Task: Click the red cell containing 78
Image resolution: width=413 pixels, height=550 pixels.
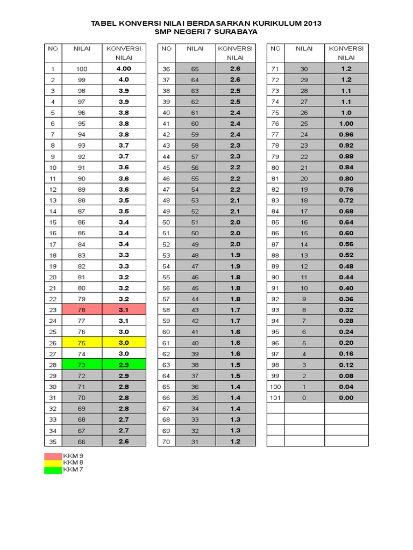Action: pos(82,310)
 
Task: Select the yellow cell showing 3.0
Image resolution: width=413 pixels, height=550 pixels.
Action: pos(124,343)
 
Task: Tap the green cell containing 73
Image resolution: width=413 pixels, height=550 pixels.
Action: pos(82,365)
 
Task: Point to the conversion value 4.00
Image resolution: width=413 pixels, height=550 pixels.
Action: pos(124,69)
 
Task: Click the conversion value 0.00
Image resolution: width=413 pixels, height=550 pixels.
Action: pos(346,397)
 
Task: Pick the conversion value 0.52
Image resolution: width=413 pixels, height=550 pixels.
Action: pos(346,255)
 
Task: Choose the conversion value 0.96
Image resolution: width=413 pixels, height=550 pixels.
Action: pos(346,134)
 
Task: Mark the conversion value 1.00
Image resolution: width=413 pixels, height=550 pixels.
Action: pos(346,124)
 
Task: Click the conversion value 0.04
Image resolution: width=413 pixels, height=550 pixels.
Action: pos(346,387)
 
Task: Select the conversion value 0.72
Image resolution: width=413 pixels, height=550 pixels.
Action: pos(346,200)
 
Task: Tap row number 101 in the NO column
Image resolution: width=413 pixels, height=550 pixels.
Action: pos(275,397)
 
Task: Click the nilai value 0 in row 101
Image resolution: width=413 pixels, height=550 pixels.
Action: pos(304,397)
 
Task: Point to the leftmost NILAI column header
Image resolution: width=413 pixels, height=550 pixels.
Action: pos(82,48)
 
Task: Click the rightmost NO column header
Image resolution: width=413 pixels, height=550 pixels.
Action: pos(275,48)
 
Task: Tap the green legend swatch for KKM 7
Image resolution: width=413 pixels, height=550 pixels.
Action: pos(53,470)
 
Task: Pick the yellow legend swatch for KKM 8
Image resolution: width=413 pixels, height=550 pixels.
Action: pos(53,462)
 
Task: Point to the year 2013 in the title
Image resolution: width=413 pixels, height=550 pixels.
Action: pos(312,24)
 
